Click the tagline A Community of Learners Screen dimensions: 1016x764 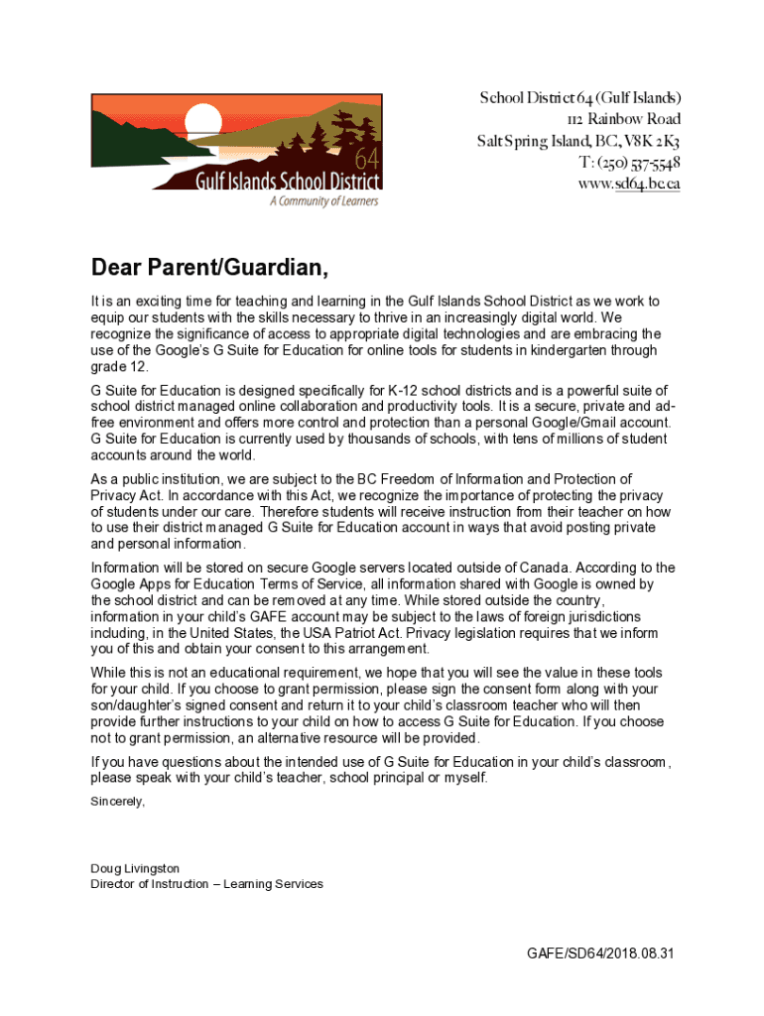[x=324, y=200]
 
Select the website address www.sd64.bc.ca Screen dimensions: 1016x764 [x=629, y=184]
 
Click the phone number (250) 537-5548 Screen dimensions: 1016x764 [x=640, y=163]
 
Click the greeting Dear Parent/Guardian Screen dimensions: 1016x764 [x=209, y=268]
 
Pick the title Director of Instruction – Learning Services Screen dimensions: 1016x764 [x=206, y=884]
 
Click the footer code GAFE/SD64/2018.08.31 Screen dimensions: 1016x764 [x=601, y=953]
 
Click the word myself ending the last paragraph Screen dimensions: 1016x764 [x=464, y=778]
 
